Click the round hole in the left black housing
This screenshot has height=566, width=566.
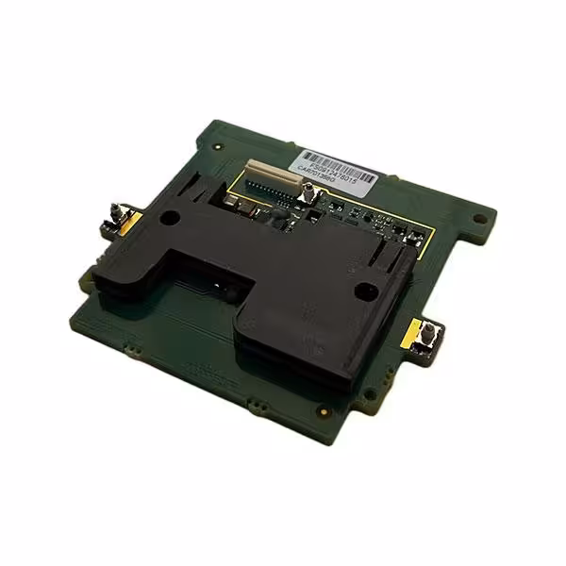coord(170,217)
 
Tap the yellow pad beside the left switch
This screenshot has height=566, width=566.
coord(133,223)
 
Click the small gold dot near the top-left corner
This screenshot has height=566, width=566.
coord(219,148)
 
